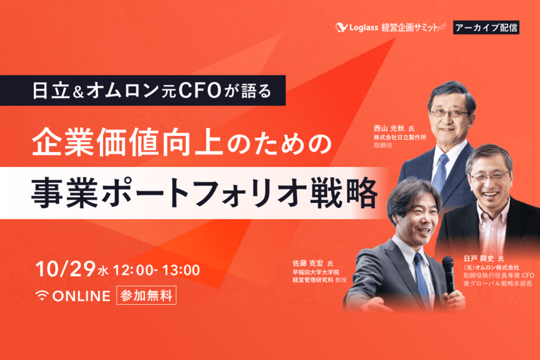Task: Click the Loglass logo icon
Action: [342, 28]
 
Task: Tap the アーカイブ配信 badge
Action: [487, 27]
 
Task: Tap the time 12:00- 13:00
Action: [157, 271]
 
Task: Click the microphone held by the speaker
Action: [448, 270]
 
